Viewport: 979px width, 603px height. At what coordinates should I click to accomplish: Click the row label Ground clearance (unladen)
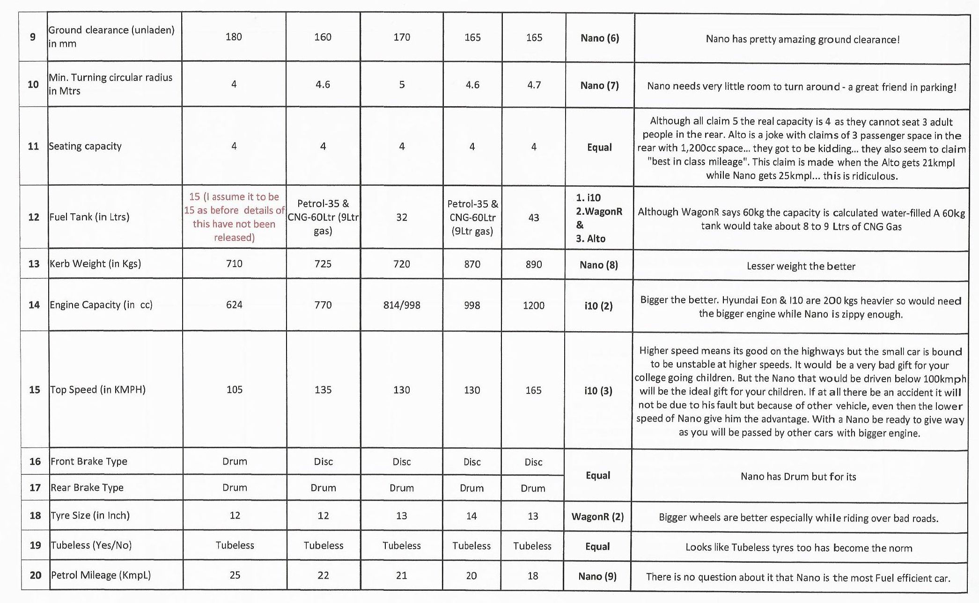click(111, 36)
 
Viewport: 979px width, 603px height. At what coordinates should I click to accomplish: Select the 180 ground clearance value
click(234, 37)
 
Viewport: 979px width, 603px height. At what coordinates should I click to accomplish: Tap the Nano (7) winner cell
click(599, 85)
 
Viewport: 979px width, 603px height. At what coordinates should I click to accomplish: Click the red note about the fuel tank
click(234, 217)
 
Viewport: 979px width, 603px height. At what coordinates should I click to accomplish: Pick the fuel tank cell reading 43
click(534, 218)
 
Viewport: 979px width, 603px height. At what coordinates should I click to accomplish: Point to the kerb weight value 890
click(534, 264)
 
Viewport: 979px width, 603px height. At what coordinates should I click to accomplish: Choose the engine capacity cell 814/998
click(402, 305)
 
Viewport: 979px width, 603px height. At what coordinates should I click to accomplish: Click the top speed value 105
click(235, 390)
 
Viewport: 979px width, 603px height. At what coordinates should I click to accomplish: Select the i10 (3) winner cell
click(598, 391)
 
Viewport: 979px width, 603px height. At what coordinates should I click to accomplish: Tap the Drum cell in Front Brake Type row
click(235, 461)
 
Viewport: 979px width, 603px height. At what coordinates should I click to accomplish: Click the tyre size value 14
click(471, 516)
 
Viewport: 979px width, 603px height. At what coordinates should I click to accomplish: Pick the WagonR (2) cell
click(597, 517)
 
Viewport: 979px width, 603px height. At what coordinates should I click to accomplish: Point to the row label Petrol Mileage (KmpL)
click(101, 575)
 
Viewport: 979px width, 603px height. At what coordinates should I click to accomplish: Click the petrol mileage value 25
click(235, 575)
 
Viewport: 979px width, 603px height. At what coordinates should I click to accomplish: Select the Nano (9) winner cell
click(597, 576)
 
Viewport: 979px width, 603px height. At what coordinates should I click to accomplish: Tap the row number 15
click(35, 390)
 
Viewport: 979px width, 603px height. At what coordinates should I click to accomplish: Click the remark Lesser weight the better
click(801, 266)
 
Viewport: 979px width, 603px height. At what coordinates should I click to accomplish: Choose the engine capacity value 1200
click(534, 305)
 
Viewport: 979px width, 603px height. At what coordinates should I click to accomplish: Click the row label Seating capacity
click(85, 146)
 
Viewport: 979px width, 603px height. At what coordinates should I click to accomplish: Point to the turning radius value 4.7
click(534, 85)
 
